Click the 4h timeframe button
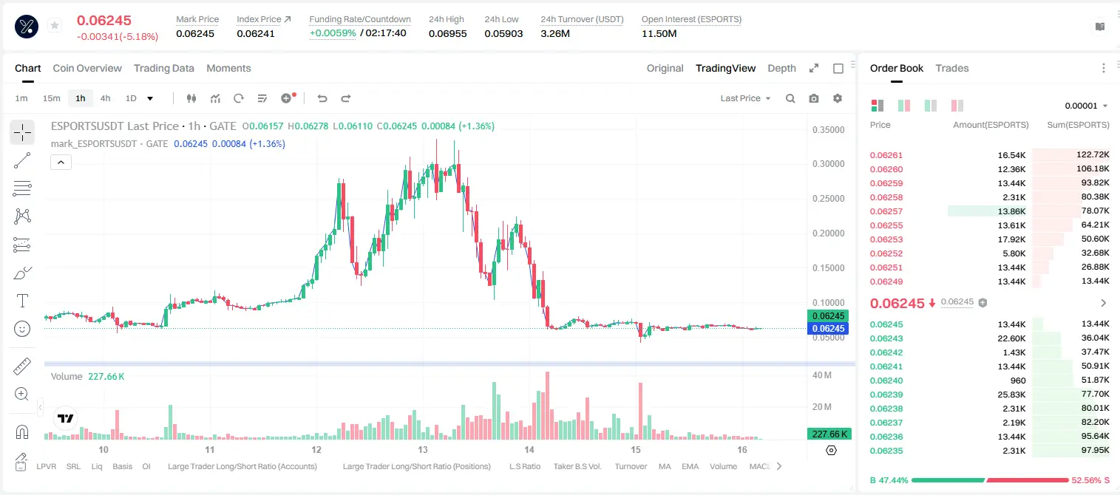coord(105,98)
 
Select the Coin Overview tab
coord(87,68)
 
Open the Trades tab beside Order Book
coord(952,68)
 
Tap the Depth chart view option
coord(781,68)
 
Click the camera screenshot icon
coord(814,98)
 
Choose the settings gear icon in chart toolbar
coord(838,98)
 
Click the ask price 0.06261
coord(886,155)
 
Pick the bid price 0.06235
coord(886,451)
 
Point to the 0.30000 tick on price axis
coord(829,164)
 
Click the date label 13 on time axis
coord(423,449)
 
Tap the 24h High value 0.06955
coord(447,33)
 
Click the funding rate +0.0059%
coord(333,33)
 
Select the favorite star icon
coord(55,25)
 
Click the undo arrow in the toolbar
coord(322,98)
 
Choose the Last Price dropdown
coord(745,98)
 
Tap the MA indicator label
coord(665,466)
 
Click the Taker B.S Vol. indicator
coord(577,466)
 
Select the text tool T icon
coord(22,301)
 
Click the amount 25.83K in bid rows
coord(1011,394)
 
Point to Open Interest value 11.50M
coord(659,33)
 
